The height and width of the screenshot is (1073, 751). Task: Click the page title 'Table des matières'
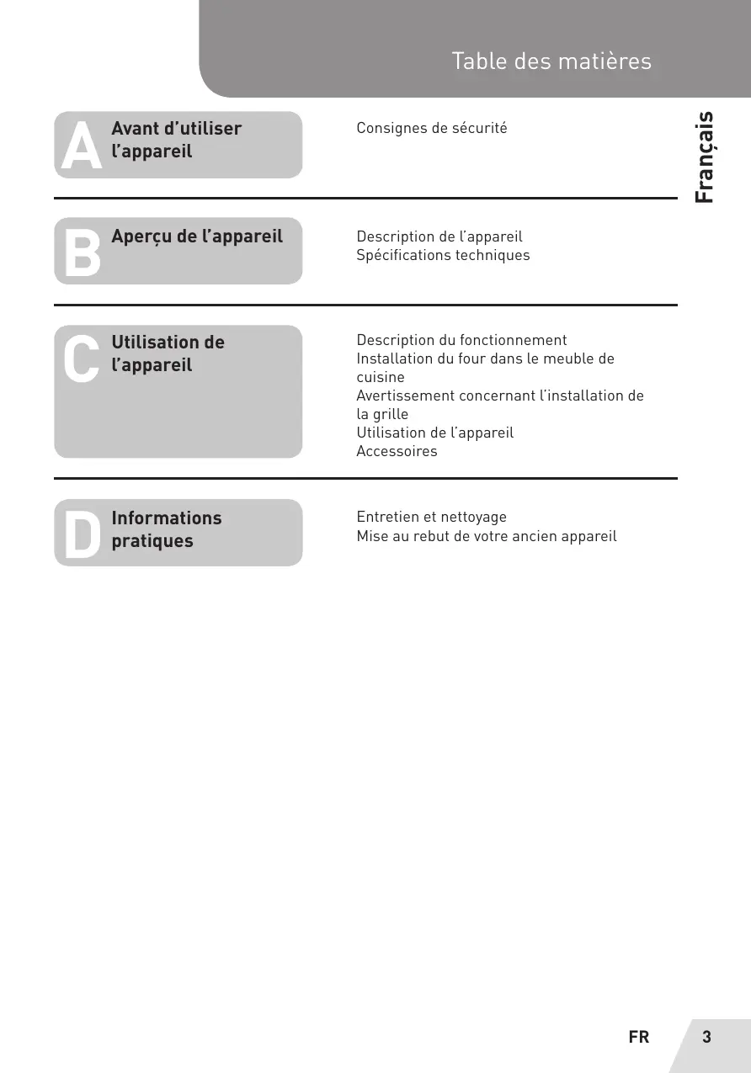(551, 61)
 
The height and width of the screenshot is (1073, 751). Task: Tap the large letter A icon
(82, 146)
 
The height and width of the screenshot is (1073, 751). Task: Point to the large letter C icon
(82, 359)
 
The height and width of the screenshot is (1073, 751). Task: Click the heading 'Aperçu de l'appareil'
(197, 236)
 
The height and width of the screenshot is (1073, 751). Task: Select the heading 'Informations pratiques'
(166, 529)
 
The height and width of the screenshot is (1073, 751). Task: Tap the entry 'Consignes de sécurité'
(431, 129)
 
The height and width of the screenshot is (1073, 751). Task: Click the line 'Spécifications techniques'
(443, 255)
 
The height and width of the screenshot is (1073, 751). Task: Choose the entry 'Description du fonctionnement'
(461, 340)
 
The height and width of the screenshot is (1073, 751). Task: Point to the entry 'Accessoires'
(397, 451)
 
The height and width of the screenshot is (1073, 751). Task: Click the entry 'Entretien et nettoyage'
(431, 517)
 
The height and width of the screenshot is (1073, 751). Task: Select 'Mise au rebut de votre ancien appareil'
(486, 536)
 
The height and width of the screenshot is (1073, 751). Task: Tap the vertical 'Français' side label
(705, 157)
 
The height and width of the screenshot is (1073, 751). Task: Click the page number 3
(706, 1037)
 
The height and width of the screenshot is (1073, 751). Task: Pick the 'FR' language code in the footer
(639, 1038)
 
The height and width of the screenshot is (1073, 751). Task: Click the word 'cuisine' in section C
(380, 377)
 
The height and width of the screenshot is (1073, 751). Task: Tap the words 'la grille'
(382, 414)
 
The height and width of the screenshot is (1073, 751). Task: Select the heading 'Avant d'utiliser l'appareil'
(176, 140)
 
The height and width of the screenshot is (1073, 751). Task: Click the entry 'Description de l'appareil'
(439, 236)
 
